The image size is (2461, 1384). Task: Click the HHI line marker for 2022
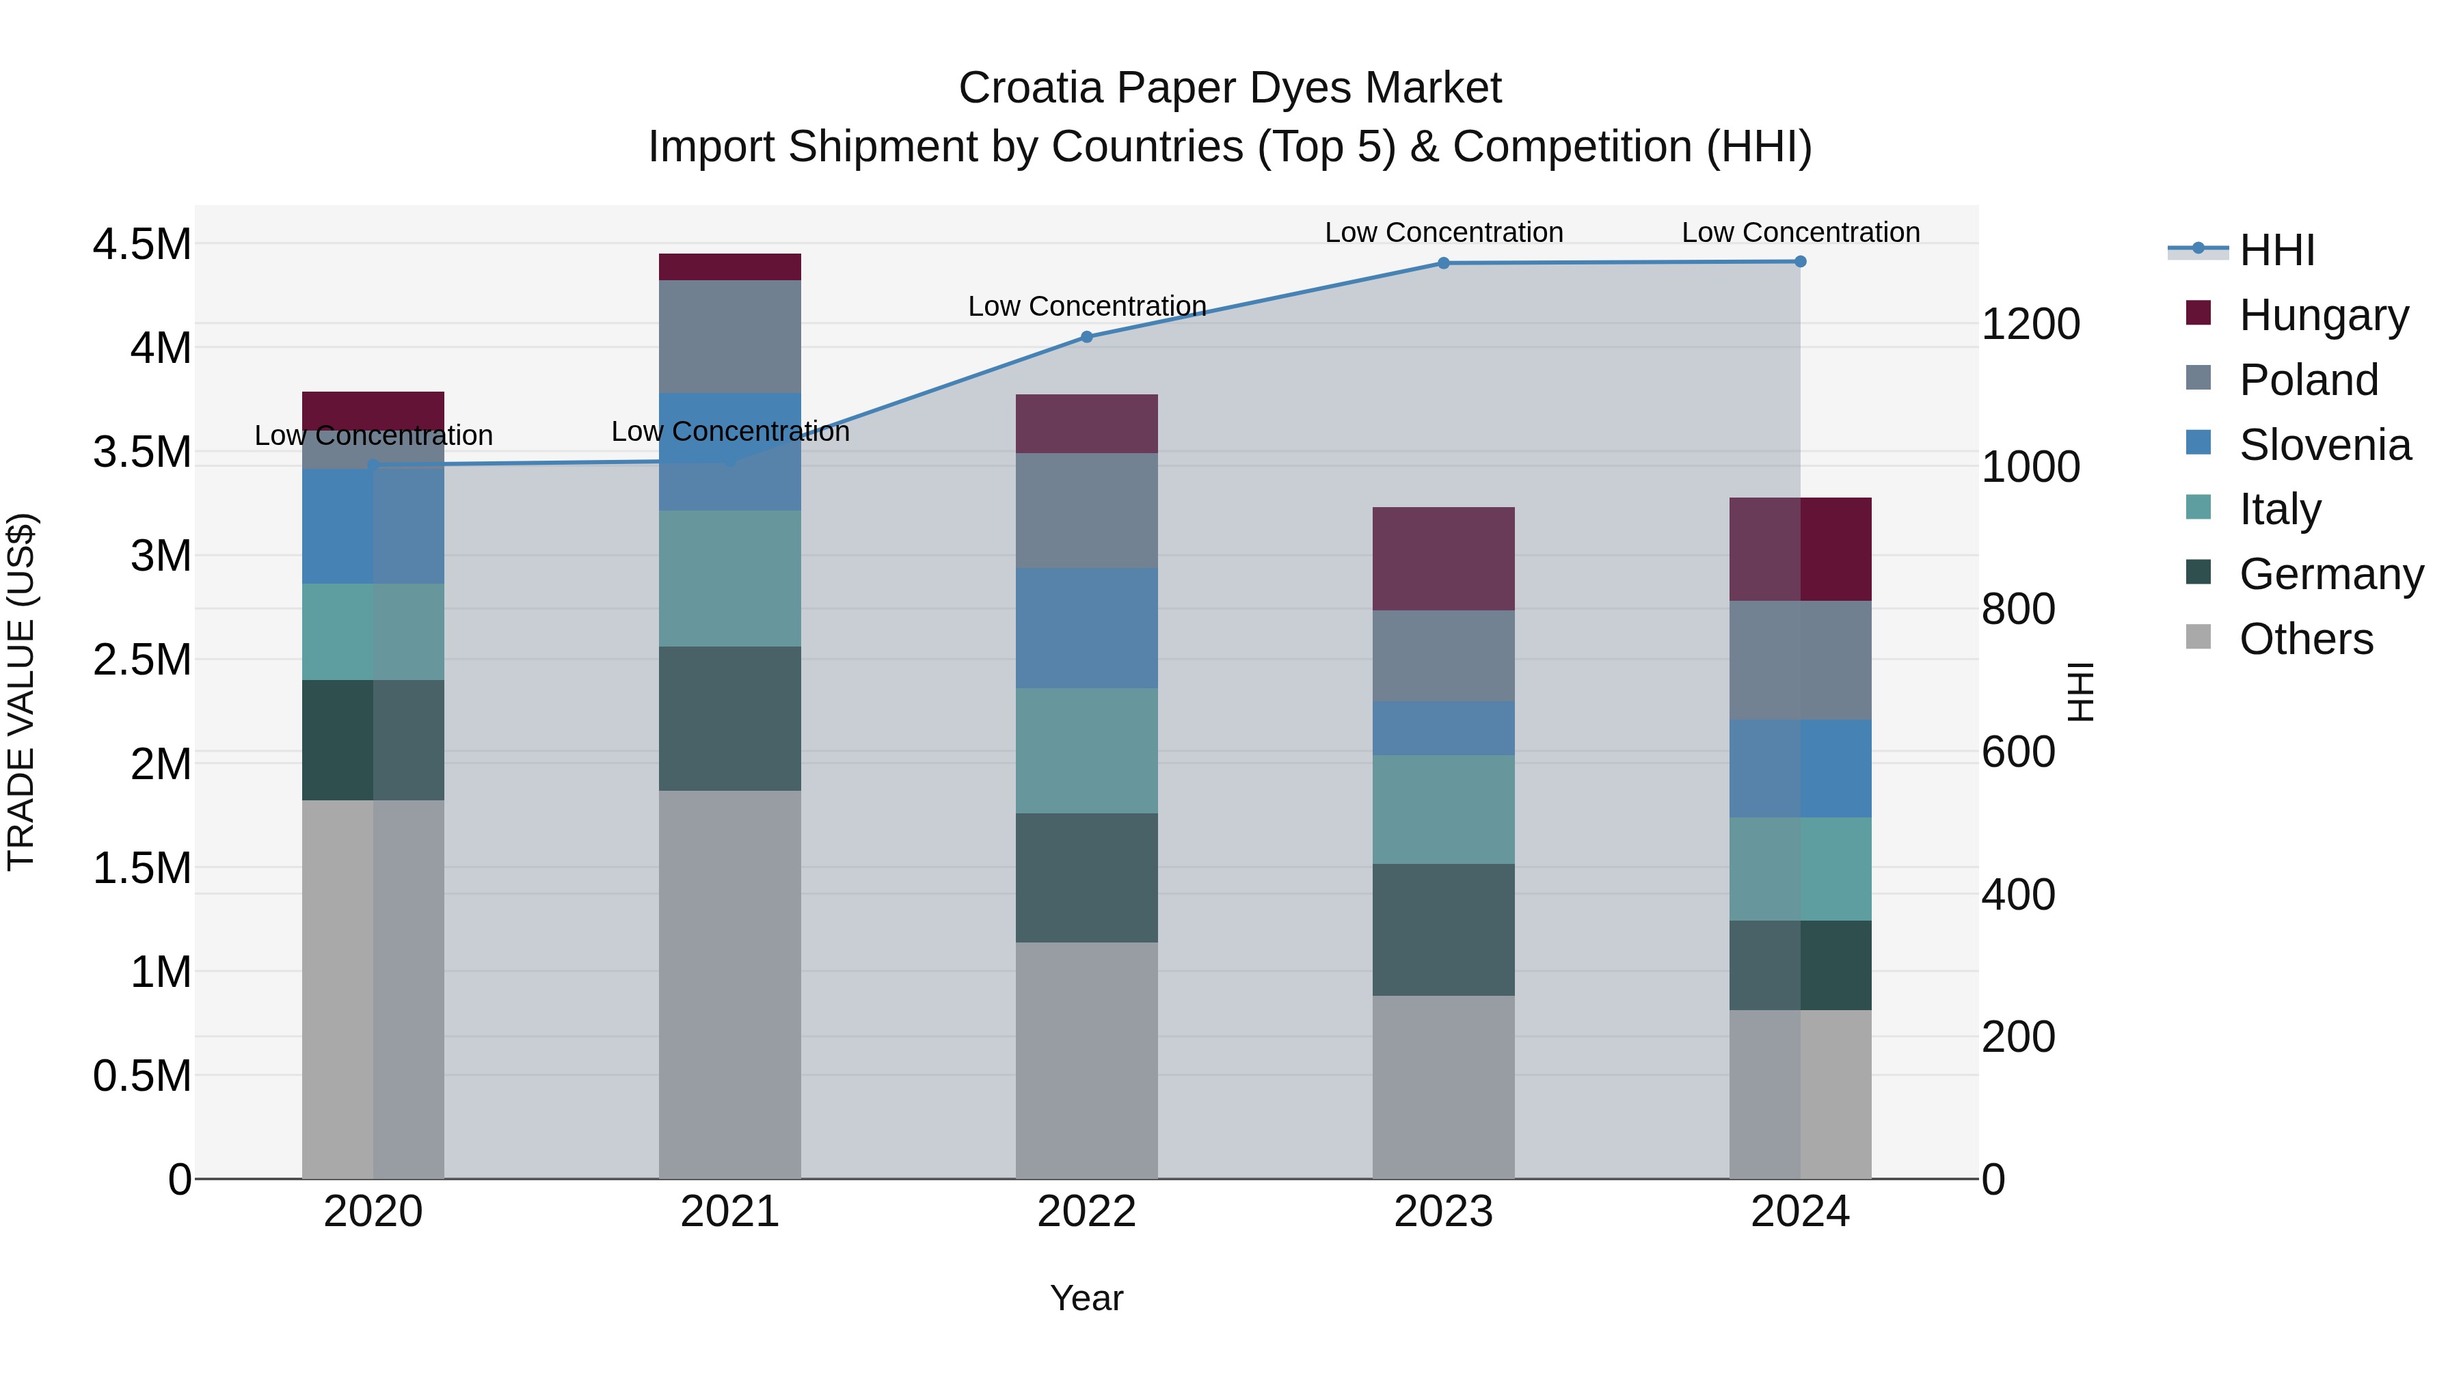coord(1086,336)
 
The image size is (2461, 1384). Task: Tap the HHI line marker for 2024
coord(1800,262)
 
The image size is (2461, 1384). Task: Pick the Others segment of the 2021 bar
coord(730,983)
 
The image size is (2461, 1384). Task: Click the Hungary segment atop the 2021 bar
coord(730,267)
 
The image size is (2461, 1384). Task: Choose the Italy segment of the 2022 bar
coord(1086,750)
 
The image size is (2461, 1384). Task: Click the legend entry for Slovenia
coord(2324,445)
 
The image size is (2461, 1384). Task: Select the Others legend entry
coord(2305,639)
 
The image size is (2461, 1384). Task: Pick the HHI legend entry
coord(2276,250)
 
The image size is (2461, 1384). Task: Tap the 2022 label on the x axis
coord(1086,1212)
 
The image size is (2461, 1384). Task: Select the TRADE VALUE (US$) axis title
coord(22,692)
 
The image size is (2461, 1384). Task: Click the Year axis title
coord(1086,1298)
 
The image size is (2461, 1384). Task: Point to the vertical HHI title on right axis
coord(2079,692)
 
